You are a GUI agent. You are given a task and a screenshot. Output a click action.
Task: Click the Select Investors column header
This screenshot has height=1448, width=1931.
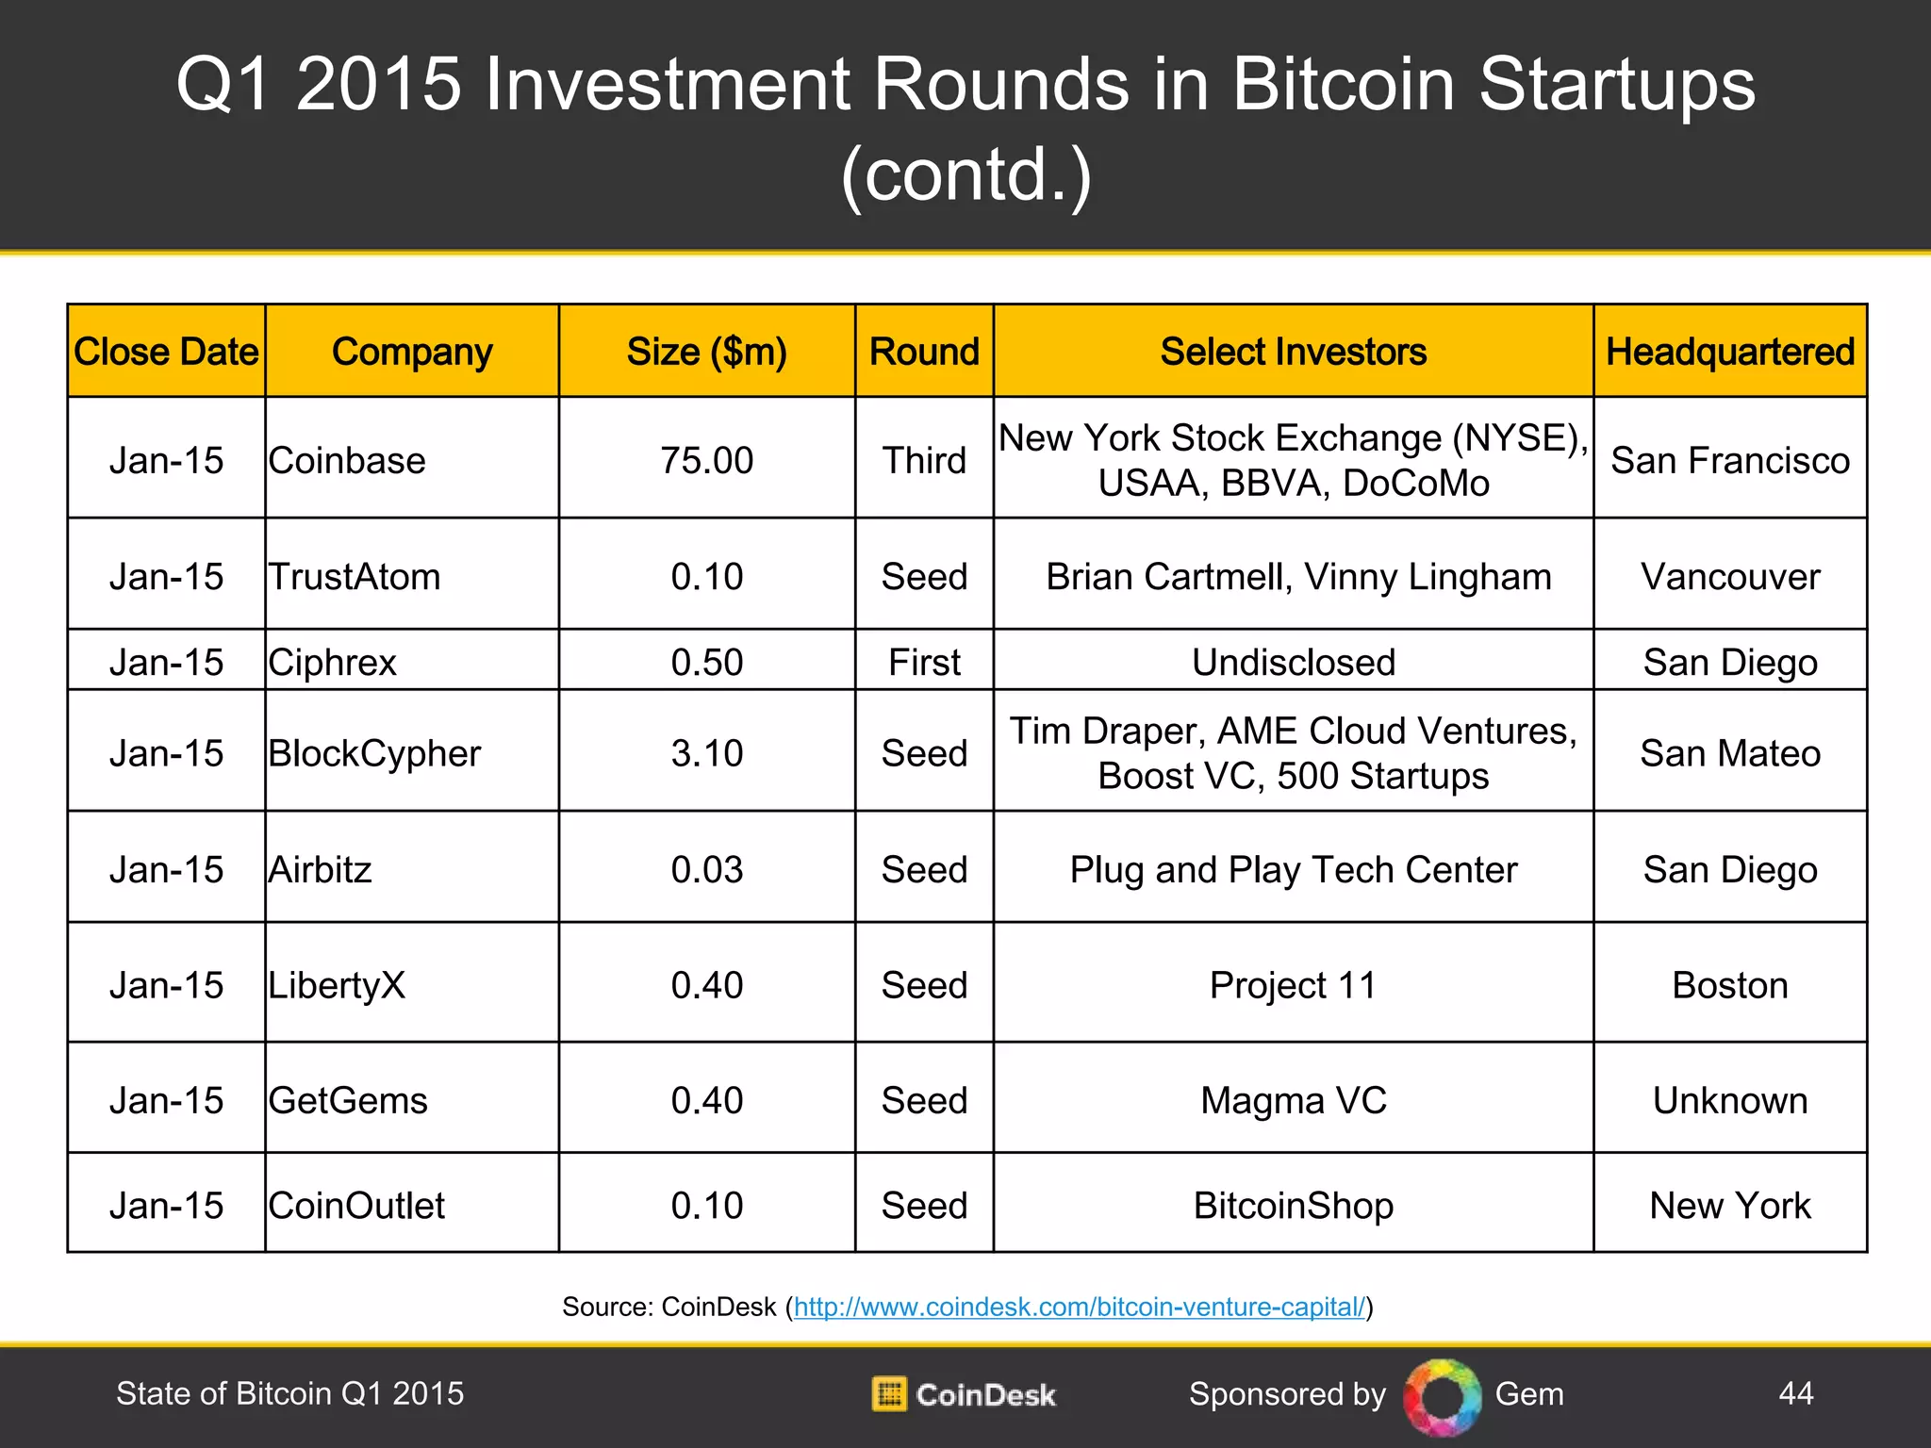(x=1293, y=352)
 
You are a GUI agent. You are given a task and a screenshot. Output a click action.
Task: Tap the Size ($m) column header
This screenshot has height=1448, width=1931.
(x=706, y=352)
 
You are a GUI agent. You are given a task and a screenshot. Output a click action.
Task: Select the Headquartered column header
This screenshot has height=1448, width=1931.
(x=1729, y=352)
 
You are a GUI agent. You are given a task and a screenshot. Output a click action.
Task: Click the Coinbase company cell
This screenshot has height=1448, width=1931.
(x=347, y=461)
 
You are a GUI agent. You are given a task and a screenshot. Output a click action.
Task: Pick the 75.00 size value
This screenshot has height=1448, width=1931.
(x=706, y=461)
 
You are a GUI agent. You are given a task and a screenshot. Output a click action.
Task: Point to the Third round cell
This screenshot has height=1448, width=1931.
(x=924, y=461)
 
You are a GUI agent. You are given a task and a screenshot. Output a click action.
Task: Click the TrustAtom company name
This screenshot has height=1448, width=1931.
(x=355, y=577)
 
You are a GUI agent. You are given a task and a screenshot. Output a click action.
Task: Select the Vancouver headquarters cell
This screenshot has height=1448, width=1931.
(x=1729, y=577)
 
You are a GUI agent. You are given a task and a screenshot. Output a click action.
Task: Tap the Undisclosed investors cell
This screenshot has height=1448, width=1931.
(x=1293, y=663)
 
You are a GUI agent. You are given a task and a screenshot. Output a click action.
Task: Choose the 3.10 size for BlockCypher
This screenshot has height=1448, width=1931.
(x=706, y=753)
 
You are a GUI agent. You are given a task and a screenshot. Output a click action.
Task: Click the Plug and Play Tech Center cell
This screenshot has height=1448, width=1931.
(x=1293, y=869)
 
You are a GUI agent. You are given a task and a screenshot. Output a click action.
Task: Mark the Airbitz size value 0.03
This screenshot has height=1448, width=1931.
(x=706, y=869)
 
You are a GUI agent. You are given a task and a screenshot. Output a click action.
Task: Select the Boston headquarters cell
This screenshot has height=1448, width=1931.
(x=1729, y=985)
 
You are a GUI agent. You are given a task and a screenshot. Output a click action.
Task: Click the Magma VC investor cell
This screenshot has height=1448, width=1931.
(x=1293, y=1100)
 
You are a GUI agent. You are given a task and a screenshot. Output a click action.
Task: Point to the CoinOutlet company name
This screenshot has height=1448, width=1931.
(x=356, y=1206)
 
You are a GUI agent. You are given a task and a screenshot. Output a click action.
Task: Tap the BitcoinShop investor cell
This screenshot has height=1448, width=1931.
(x=1293, y=1206)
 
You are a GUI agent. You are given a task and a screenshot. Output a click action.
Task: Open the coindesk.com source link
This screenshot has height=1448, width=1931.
(x=1079, y=1307)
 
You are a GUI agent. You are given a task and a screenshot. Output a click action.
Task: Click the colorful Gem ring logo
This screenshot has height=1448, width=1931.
(x=1442, y=1396)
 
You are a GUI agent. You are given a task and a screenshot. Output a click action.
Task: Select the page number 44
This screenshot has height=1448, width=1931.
(x=1795, y=1393)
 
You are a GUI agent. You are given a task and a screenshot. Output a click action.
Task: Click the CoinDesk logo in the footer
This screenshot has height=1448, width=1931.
(x=964, y=1394)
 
